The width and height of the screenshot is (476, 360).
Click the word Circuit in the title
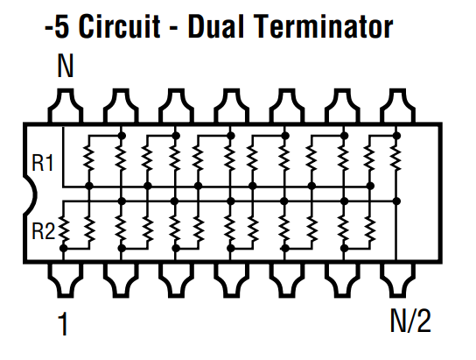coord(119,26)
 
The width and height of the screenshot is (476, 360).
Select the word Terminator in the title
coord(323,26)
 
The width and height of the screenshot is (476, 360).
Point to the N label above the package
coord(66,67)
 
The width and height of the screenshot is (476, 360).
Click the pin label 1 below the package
coord(63,324)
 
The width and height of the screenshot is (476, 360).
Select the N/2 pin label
coord(410,321)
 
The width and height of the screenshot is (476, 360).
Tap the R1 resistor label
coord(43,163)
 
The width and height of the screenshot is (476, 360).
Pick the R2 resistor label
coord(44,231)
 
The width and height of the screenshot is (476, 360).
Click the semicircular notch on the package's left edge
coord(32,194)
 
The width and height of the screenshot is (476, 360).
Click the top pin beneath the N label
coord(66,106)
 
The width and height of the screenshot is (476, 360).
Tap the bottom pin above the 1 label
coord(66,279)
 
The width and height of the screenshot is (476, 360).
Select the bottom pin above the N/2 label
coord(397,279)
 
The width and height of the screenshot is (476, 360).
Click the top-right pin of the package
coord(397,106)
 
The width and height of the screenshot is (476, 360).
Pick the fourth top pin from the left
coord(231,106)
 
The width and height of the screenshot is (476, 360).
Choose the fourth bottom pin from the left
coord(231,279)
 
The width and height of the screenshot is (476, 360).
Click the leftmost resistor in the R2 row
coord(64,228)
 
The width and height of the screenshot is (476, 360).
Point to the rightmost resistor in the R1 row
coord(396,158)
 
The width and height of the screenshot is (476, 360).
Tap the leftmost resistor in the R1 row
coord(89,158)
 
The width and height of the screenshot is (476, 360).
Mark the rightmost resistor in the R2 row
coord(370,229)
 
